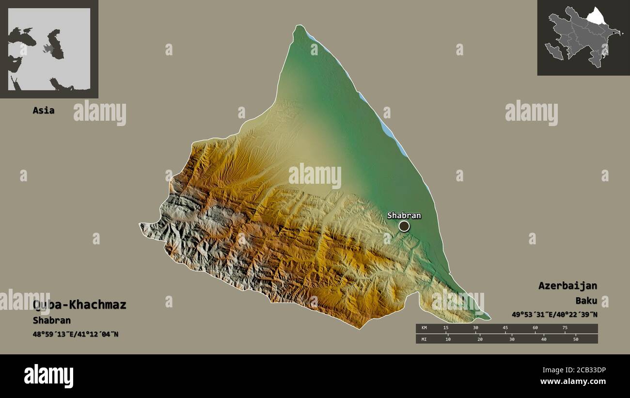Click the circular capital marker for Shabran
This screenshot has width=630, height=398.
point(404,226)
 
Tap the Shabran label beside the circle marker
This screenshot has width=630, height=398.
point(404,215)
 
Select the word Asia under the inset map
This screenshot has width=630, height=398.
point(44,111)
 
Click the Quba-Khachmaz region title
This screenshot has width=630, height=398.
point(79,305)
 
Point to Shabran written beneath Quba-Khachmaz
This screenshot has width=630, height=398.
point(52,320)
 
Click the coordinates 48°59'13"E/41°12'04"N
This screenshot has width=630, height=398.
point(76,334)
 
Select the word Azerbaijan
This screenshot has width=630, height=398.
point(567,286)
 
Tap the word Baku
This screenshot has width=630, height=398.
point(586,301)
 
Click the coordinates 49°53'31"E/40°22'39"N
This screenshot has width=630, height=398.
point(554,315)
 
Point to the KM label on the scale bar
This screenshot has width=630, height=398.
point(424,328)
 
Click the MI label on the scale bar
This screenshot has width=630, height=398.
point(424,339)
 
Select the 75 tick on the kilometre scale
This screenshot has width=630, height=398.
point(565,328)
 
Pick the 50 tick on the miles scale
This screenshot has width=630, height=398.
point(576,339)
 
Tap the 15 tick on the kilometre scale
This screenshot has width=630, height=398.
point(446,328)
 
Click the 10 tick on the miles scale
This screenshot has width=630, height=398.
point(448,339)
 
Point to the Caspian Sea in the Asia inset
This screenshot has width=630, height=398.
point(56,44)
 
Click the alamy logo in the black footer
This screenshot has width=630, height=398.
point(48,376)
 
